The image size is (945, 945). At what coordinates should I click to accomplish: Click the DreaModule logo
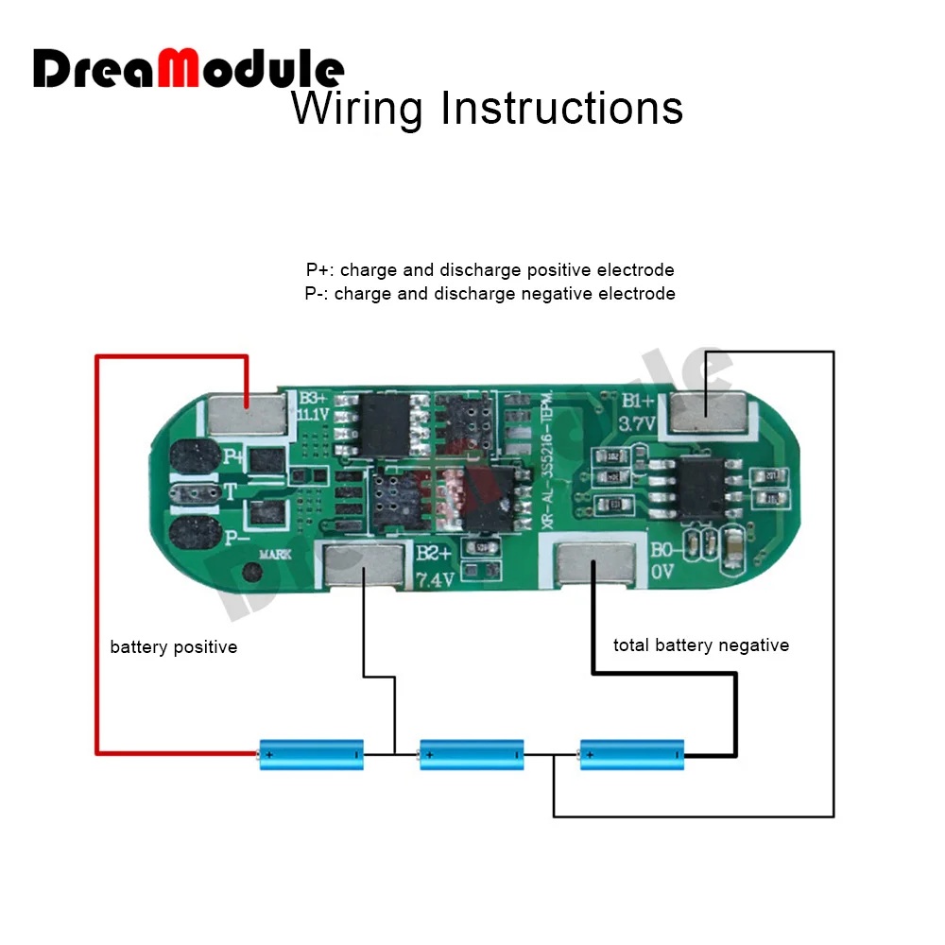(x=189, y=68)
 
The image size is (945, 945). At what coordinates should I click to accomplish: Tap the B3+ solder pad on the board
(x=246, y=411)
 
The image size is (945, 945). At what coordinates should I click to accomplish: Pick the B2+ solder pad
(x=365, y=567)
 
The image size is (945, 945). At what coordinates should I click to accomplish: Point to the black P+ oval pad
(x=195, y=458)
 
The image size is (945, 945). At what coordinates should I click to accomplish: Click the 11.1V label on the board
(x=312, y=415)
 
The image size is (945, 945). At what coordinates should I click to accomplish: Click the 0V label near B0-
(x=662, y=572)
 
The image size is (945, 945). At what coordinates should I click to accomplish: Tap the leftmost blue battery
(x=312, y=754)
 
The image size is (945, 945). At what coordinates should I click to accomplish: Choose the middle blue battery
(x=472, y=754)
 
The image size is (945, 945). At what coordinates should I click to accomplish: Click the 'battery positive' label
(x=173, y=647)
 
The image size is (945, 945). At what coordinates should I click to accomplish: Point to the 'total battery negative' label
(x=700, y=645)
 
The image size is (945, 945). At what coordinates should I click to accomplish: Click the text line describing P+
(x=490, y=270)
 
